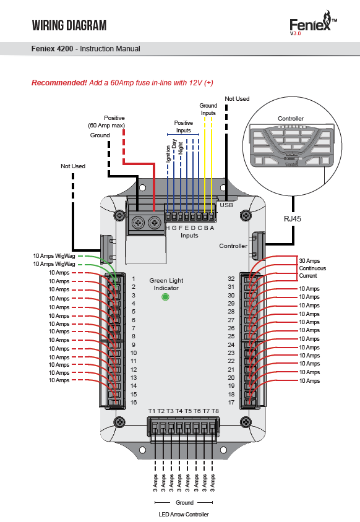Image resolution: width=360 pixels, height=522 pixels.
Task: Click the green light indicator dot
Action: click(x=165, y=297)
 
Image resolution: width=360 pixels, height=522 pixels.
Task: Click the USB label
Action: click(x=226, y=205)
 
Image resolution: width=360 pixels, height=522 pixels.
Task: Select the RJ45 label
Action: click(x=293, y=219)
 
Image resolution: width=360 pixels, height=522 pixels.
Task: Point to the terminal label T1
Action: click(x=152, y=411)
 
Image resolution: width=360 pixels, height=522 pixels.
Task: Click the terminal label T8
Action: click(x=215, y=411)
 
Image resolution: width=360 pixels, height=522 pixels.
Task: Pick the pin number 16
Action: click(x=134, y=403)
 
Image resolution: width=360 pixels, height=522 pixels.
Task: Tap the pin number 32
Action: click(x=231, y=279)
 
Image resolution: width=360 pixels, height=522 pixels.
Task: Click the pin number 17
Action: click(x=231, y=403)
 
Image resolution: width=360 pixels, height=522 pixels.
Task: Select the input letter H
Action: click(x=168, y=228)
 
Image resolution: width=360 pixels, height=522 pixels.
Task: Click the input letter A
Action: click(x=212, y=228)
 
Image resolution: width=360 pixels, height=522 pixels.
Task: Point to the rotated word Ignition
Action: click(x=168, y=154)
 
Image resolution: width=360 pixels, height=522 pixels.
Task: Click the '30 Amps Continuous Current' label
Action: click(x=312, y=268)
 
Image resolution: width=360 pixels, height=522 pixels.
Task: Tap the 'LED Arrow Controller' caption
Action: click(x=184, y=515)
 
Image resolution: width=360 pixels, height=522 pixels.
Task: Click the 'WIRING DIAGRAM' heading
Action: click(x=69, y=25)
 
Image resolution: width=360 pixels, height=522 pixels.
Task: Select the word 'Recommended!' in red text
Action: click(x=59, y=82)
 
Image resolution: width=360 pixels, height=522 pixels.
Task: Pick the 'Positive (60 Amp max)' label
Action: click(x=106, y=122)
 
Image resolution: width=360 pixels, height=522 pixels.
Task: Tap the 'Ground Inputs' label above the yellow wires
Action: click(x=208, y=109)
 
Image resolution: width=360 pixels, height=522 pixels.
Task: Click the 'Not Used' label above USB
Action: click(x=237, y=99)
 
